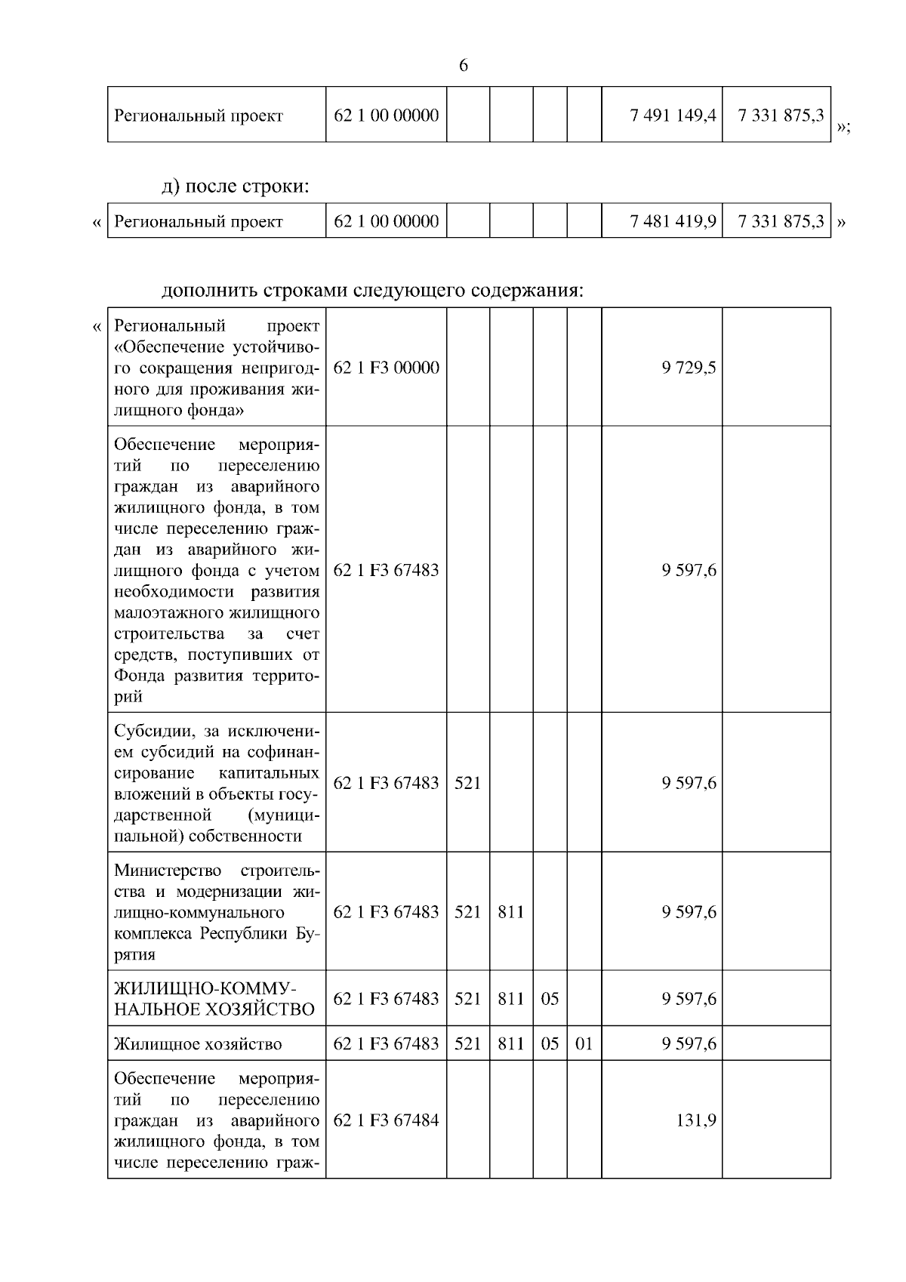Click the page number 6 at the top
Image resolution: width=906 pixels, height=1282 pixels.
coord(464,66)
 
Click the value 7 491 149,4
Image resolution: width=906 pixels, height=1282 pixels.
coord(673,116)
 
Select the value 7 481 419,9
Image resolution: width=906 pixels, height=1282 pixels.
coord(673,221)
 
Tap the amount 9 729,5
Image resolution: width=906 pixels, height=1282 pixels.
coord(689,368)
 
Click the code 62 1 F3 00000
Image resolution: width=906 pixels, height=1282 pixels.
coord(386,368)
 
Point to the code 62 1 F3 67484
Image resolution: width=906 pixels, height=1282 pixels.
coord(386,1120)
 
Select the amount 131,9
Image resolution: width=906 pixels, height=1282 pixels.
coord(695,1120)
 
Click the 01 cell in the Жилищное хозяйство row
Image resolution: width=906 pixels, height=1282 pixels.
coord(584,1044)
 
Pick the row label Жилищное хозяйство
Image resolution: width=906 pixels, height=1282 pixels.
coord(198,1044)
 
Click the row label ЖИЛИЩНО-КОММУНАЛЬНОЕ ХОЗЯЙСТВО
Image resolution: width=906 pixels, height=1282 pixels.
coord(214,999)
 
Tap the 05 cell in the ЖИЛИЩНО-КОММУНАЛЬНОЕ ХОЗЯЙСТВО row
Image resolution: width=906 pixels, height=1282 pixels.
coord(550,999)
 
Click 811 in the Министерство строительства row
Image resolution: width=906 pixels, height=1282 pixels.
coord(511,911)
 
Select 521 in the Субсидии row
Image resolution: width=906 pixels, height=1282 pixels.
coord(467,783)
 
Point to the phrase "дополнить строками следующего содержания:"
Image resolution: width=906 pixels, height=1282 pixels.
coord(373,290)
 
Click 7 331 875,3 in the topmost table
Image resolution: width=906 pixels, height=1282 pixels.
coord(781,116)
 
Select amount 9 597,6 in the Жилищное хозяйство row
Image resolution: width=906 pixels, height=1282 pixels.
coord(689,1044)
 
